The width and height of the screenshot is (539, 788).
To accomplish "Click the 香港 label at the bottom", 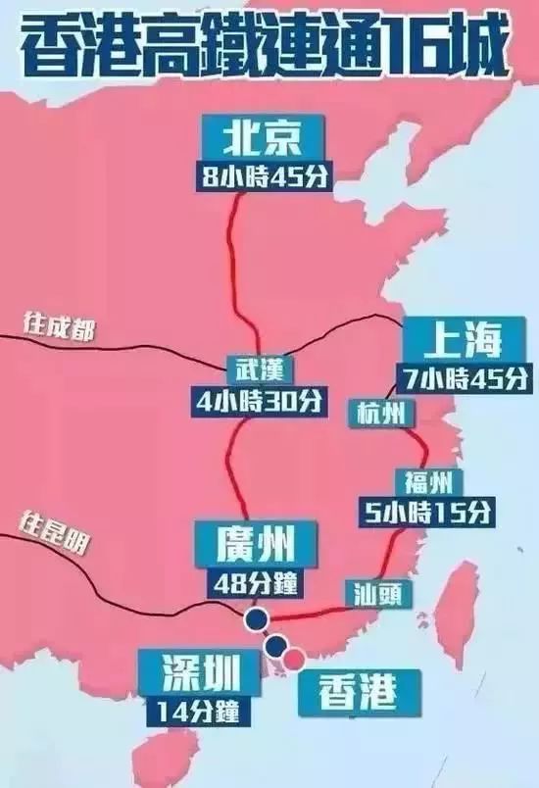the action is pos(358,691).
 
